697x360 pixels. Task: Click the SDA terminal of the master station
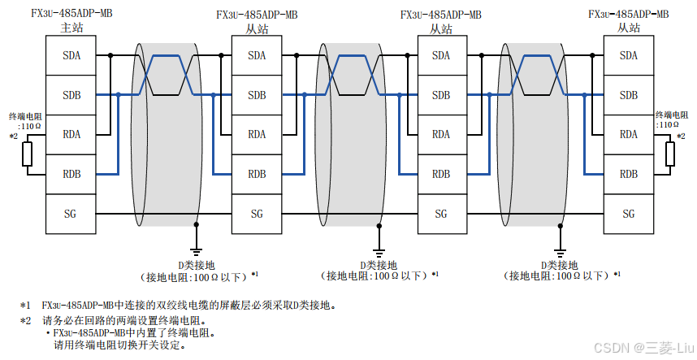(71, 56)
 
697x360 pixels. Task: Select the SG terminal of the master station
(71, 214)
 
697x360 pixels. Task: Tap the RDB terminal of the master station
(71, 174)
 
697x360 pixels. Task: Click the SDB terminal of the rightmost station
(628, 95)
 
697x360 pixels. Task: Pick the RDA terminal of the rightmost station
(628, 135)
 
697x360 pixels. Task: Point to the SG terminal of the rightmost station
(628, 214)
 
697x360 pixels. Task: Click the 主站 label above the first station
(71, 28)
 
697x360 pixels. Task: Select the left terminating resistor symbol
(28, 154)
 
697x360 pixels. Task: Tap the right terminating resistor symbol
(670, 154)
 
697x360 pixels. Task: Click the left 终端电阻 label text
(24, 116)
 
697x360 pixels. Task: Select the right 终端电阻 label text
(672, 115)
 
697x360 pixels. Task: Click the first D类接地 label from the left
(196, 265)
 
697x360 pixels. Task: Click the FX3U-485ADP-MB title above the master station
(71, 15)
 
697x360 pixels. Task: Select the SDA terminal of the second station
(257, 56)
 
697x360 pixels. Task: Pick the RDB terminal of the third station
(441, 174)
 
